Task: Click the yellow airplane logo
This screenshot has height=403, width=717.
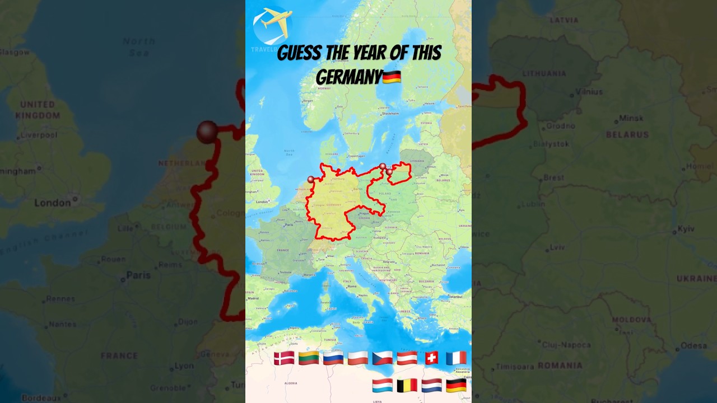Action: point(272,24)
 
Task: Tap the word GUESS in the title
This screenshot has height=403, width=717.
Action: point(300,54)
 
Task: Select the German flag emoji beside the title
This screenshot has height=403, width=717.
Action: point(392,77)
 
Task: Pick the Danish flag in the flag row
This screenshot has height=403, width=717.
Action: point(284,358)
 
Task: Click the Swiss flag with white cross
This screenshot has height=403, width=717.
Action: point(431,358)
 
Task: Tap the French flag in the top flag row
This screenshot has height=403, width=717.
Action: point(456,358)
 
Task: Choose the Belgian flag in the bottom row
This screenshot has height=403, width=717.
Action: point(407,385)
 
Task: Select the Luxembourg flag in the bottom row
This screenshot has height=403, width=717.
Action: point(382,385)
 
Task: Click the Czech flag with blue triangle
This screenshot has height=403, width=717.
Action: point(383,358)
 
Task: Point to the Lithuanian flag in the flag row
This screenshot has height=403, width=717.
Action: point(309,358)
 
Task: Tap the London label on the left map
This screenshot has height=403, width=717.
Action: point(53,203)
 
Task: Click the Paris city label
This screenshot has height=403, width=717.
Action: point(138,275)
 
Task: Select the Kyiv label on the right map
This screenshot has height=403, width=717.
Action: point(686,228)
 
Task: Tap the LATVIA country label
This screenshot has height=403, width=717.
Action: point(564,20)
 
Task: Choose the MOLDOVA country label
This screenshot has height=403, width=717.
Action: point(631,320)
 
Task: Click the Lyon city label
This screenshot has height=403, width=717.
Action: point(184,365)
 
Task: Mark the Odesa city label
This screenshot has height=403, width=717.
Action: point(693,345)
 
